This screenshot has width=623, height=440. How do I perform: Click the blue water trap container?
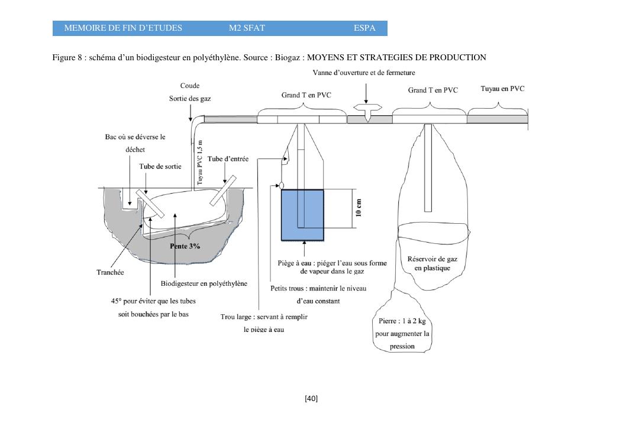click(302, 215)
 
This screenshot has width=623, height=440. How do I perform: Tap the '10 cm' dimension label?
click(359, 207)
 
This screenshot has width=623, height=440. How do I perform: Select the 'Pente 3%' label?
click(185, 246)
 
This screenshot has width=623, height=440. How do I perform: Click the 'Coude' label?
click(190, 86)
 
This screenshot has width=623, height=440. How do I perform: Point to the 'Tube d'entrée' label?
click(228, 159)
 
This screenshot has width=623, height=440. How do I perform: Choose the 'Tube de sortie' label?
click(160, 167)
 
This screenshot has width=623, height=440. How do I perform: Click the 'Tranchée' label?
click(110, 273)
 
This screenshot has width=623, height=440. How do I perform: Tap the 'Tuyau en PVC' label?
click(502, 89)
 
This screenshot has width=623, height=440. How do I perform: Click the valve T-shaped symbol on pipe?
click(367, 110)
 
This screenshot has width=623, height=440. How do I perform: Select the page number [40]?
click(311, 399)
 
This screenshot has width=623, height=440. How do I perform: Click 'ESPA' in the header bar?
click(364, 28)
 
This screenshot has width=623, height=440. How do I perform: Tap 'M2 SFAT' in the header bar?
click(247, 28)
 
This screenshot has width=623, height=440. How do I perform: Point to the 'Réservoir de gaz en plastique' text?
click(432, 263)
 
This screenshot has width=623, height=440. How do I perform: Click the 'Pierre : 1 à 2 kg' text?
click(402, 321)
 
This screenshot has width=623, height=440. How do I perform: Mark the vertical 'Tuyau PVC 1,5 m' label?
click(200, 162)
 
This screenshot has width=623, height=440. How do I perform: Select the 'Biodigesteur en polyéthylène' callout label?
click(204, 283)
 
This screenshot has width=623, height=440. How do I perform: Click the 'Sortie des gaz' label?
click(190, 99)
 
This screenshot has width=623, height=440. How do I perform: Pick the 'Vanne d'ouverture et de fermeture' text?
click(364, 73)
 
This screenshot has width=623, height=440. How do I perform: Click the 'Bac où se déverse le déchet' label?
click(135, 143)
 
